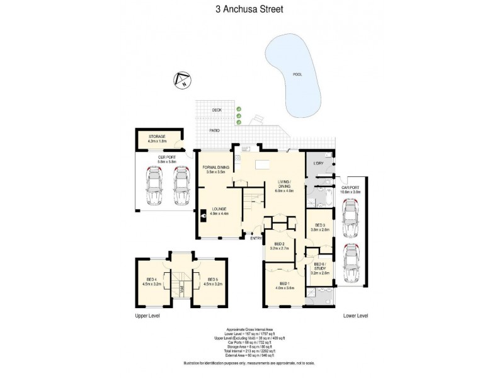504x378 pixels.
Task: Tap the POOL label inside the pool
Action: (x=297, y=74)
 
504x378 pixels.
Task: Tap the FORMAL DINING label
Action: (x=217, y=169)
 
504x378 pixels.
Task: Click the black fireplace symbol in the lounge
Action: (x=205, y=215)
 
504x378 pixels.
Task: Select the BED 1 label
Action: (x=284, y=285)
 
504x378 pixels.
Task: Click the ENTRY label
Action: (x=256, y=238)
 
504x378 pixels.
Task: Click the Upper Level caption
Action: (x=146, y=316)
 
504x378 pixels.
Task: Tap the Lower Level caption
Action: (x=355, y=316)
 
